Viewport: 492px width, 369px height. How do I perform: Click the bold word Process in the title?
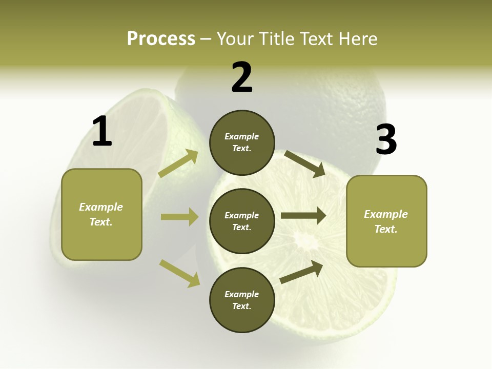click(x=161, y=38)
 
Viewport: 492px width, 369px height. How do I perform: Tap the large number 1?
click(x=102, y=132)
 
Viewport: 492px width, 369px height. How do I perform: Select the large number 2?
click(x=242, y=77)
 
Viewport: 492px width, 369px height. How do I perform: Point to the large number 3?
click(x=386, y=140)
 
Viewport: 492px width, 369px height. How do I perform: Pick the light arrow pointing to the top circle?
click(x=178, y=163)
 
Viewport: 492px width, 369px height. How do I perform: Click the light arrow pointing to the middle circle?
click(x=179, y=217)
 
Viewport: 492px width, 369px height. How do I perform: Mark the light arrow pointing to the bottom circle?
click(x=179, y=273)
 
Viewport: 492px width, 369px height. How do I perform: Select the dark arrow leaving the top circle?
click(x=305, y=163)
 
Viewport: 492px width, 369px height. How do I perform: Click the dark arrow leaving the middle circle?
click(x=303, y=216)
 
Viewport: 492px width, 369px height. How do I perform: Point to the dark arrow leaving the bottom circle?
click(x=301, y=272)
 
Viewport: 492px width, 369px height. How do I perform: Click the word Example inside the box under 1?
click(x=101, y=207)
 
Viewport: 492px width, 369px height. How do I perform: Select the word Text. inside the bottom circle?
click(x=241, y=306)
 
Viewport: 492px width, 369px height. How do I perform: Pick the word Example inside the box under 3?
click(x=386, y=214)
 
